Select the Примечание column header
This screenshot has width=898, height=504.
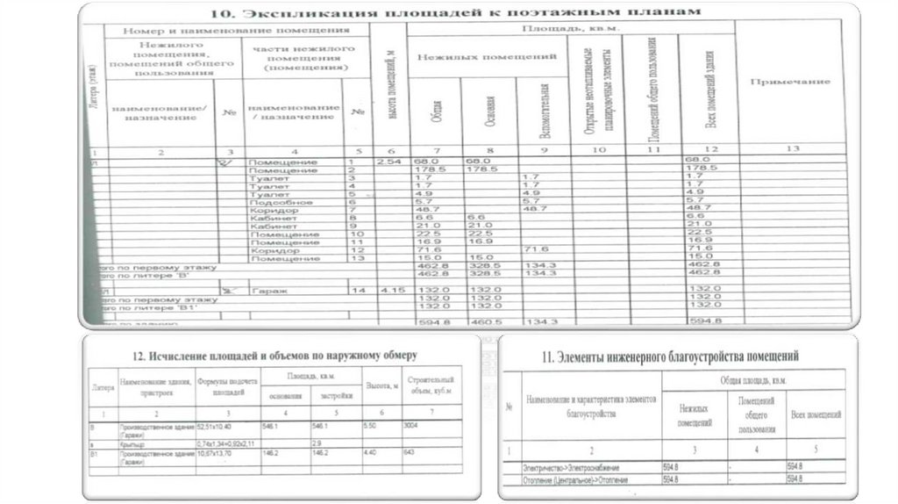[x=789, y=82]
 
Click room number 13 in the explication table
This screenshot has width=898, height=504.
[x=355, y=258]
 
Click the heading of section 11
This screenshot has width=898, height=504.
[x=672, y=356]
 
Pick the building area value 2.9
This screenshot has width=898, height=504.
[x=317, y=442]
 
